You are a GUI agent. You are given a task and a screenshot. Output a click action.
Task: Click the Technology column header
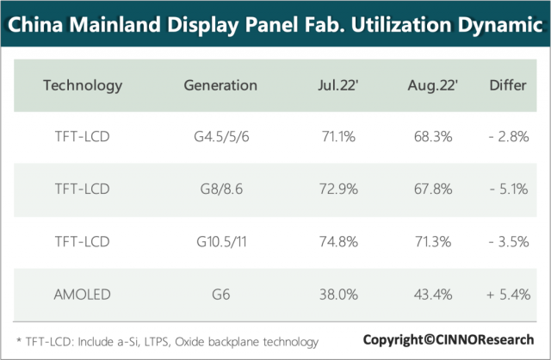(x=83, y=85)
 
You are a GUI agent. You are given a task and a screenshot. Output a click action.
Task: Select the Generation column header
(x=220, y=85)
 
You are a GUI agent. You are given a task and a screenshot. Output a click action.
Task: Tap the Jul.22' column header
(x=336, y=85)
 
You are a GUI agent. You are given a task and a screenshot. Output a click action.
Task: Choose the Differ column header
(x=508, y=85)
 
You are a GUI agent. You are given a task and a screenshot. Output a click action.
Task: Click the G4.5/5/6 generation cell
(x=220, y=137)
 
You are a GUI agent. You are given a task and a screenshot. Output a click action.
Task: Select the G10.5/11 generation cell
(x=220, y=242)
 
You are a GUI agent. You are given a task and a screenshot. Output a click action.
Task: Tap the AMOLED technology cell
(x=83, y=295)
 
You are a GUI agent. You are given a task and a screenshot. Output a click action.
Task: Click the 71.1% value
(x=336, y=137)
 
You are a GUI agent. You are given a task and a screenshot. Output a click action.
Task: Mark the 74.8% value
(x=336, y=242)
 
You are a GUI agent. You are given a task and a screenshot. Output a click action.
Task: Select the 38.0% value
(x=336, y=295)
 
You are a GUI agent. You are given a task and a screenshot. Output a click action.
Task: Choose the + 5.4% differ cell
(x=507, y=295)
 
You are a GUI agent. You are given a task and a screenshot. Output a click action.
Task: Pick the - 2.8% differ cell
(x=507, y=137)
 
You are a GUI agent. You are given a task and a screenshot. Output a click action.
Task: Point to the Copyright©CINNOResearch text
(x=448, y=338)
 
